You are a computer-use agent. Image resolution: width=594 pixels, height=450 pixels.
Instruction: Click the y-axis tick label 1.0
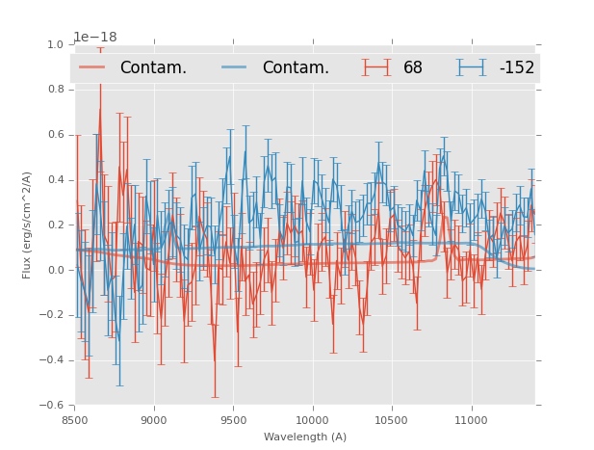(56, 44)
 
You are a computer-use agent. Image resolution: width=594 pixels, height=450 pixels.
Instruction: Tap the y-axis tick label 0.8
(56, 90)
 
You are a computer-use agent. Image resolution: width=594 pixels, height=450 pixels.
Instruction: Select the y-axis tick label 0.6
(56, 135)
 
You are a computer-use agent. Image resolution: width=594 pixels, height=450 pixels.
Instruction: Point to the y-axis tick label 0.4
(56, 180)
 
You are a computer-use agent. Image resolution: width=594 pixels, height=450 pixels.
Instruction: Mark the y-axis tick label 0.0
(56, 270)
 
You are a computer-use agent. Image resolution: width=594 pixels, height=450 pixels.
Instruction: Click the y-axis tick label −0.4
(52, 360)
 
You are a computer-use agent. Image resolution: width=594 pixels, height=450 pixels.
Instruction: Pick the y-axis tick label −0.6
(52, 406)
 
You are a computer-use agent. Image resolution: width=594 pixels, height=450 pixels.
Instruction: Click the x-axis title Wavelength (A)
(305, 437)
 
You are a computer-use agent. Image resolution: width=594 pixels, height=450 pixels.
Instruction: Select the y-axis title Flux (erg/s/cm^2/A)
(27, 225)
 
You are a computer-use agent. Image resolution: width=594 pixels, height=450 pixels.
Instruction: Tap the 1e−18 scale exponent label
(95, 37)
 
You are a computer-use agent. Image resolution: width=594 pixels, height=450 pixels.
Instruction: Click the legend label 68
(413, 67)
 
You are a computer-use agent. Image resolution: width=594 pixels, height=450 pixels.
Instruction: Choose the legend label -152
(516, 67)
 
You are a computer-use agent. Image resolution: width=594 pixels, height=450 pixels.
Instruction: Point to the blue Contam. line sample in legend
(235, 67)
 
